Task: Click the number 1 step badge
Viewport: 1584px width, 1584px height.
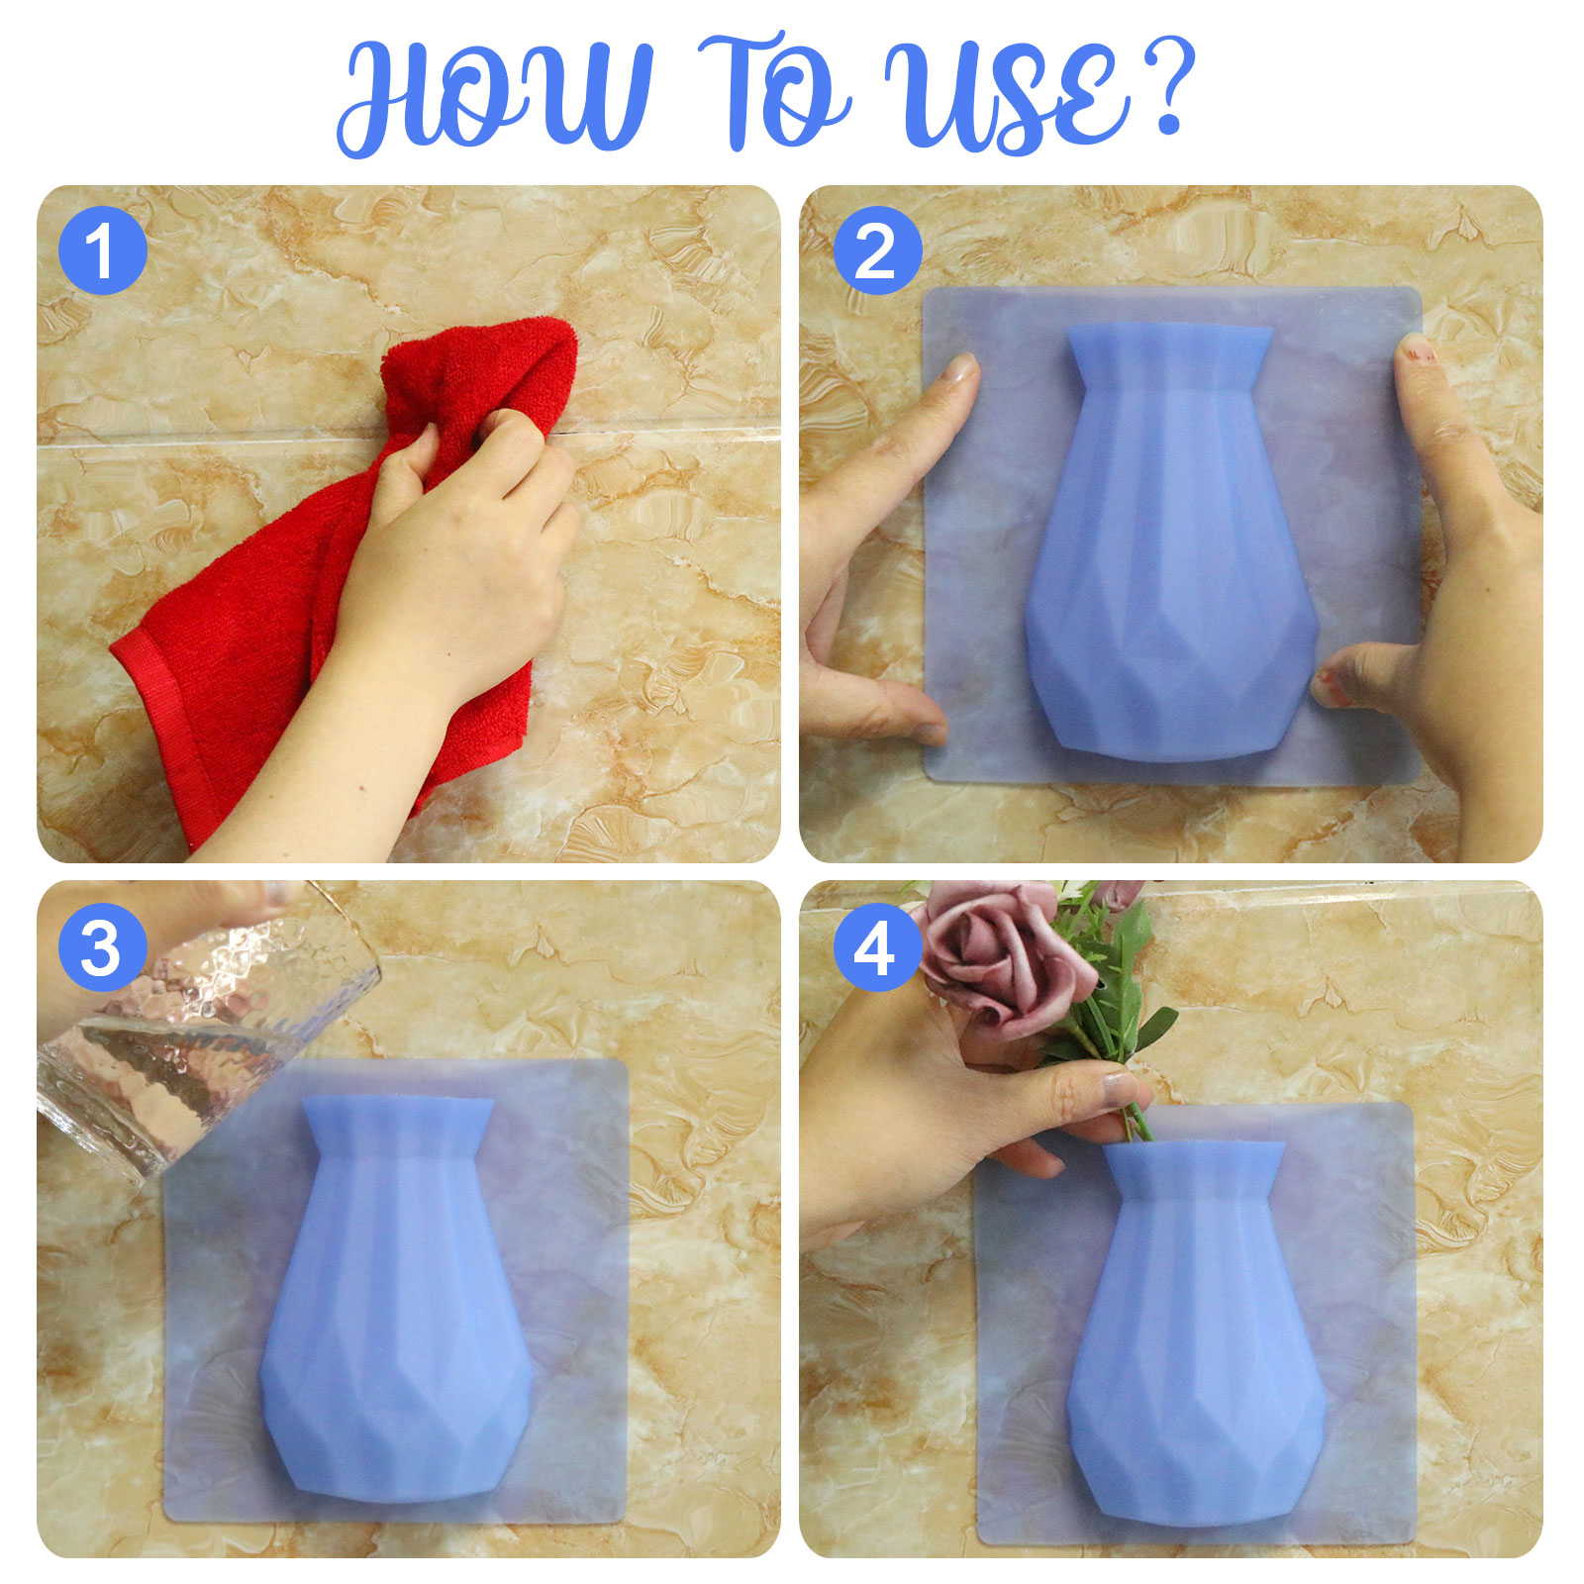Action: (x=103, y=250)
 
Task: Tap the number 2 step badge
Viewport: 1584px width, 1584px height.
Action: (x=877, y=250)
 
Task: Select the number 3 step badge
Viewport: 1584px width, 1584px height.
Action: (x=103, y=947)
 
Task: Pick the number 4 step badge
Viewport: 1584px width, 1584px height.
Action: (x=877, y=947)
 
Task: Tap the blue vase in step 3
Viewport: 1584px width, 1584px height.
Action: (x=396, y=1307)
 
